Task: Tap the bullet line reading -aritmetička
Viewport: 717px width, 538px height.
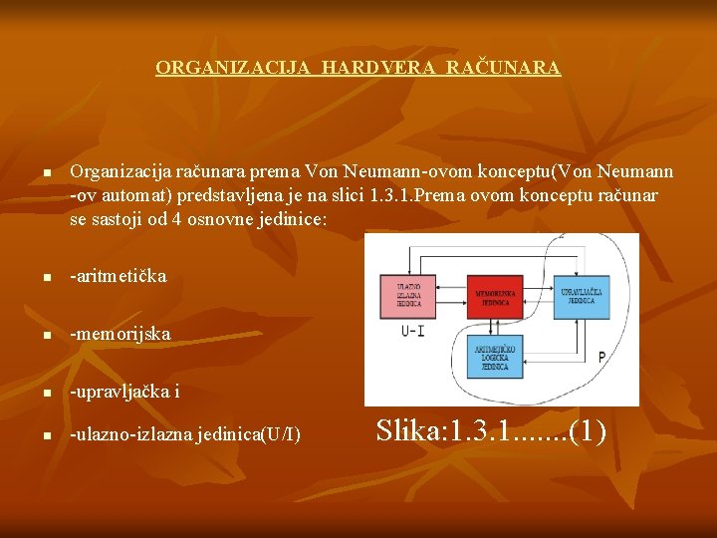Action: pyautogui.click(x=119, y=276)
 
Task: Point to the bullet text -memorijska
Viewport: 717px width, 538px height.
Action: pyautogui.click(x=119, y=334)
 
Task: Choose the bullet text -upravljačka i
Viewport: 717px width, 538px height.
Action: pyautogui.click(x=124, y=392)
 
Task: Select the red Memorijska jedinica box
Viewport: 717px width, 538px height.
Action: pyautogui.click(x=495, y=296)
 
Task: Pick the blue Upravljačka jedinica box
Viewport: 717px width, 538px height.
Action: pyautogui.click(x=582, y=296)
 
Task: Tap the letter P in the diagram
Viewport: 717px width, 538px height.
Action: pyautogui.click(x=601, y=356)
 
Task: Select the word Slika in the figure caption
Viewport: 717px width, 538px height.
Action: pyautogui.click(x=408, y=431)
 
